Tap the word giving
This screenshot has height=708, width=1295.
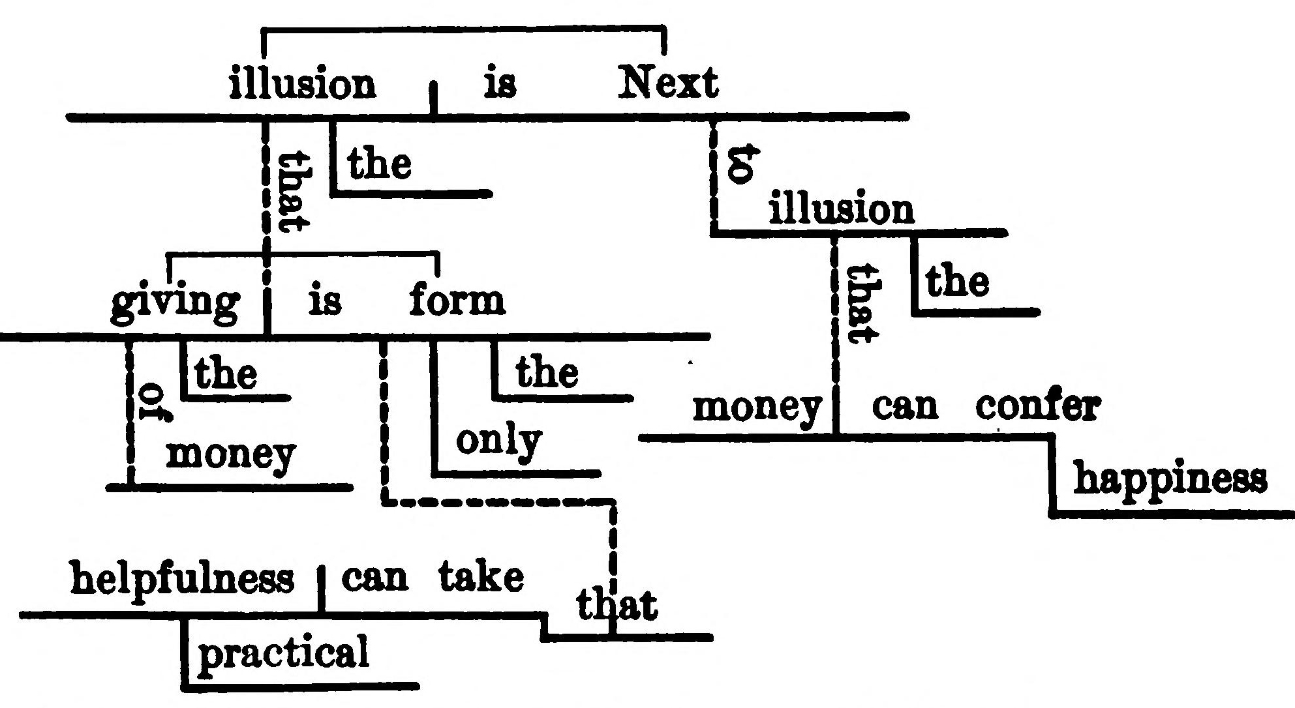pyautogui.click(x=175, y=304)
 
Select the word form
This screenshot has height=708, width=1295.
pyautogui.click(x=457, y=301)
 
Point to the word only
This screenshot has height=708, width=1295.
pyautogui.click(x=499, y=442)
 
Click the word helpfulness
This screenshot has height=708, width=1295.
pyautogui.click(x=182, y=578)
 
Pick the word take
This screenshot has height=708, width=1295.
pyautogui.click(x=481, y=578)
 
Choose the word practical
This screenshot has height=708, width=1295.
pyautogui.click(x=283, y=652)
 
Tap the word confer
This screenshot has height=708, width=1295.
pyautogui.click(x=1037, y=407)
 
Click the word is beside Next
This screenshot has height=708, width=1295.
pyautogui.click(x=500, y=85)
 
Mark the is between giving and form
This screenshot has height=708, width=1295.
pyautogui.click(x=324, y=302)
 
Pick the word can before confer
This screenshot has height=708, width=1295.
pyautogui.click(x=905, y=407)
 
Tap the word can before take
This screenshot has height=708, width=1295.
pyautogui.click(x=374, y=578)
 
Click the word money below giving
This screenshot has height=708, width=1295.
pyautogui.click(x=230, y=454)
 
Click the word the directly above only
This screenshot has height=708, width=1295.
pyautogui.click(x=547, y=373)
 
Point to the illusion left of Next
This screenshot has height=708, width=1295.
pyautogui.click(x=303, y=85)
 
